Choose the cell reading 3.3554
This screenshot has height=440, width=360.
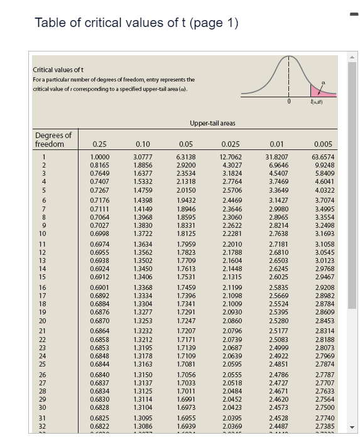pos(323,217)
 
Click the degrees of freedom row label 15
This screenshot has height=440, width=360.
pos(45,276)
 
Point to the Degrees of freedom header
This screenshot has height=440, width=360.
pos(53,139)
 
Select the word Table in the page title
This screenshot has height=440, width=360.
pos(48,23)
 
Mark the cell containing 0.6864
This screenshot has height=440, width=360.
pos(99,331)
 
